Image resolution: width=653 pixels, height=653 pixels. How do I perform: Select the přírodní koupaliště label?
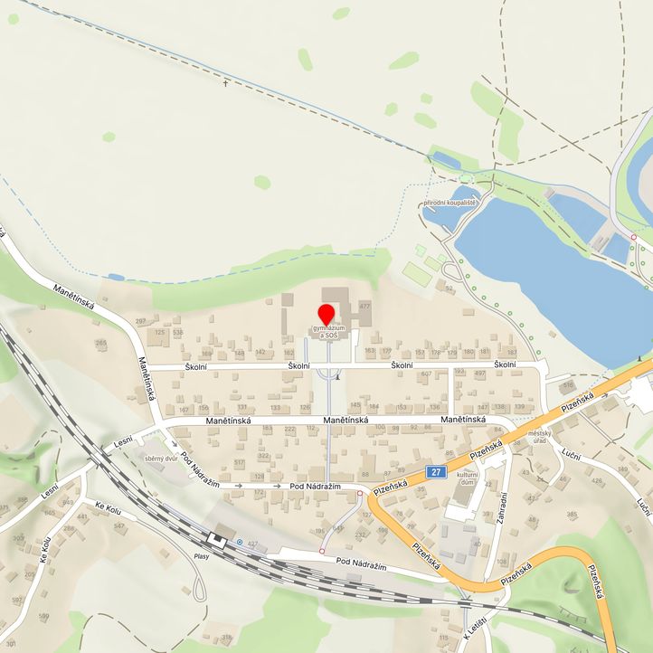pos(449,203)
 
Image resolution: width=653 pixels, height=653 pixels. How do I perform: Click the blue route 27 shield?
pos(437,471)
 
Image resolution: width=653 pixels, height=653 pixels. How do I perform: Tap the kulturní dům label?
pos(467,478)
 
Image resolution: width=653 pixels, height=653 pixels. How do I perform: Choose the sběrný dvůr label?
pos(161,458)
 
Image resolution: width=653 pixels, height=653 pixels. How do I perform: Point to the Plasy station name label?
pos(201,556)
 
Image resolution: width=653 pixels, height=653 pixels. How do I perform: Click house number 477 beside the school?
pos(364,308)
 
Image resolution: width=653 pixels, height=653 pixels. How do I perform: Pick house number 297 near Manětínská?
pos(140,321)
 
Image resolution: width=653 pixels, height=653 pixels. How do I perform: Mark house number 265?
pos(100,343)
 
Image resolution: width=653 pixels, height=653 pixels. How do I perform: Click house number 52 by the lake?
pos(449,288)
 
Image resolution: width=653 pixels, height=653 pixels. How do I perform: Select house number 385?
pos(572,515)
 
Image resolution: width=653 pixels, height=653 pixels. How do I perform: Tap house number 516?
pos(568,385)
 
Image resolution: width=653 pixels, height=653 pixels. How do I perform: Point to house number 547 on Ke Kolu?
pos(118,525)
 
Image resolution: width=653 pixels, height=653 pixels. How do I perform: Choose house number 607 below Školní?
pos(426,374)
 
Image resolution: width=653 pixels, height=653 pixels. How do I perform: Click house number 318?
pos(226,639)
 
